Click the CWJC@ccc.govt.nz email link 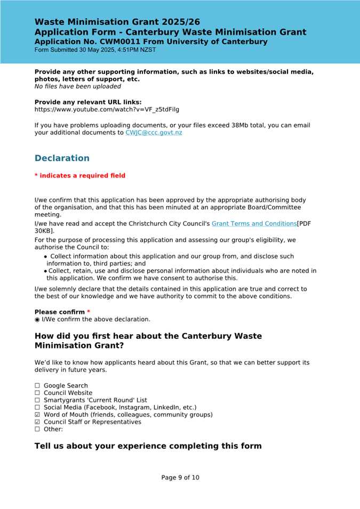(154, 133)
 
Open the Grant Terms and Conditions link (254, 224)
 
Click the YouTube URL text (107, 110)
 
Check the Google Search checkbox (37, 386)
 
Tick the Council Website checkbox (37, 393)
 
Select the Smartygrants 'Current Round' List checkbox (37, 400)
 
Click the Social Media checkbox (37, 407)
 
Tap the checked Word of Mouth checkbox (37, 415)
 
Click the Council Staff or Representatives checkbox (37, 422)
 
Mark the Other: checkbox (37, 429)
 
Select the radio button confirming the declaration (37, 320)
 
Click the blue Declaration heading (62, 158)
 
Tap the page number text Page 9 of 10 (180, 478)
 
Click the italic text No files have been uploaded (78, 86)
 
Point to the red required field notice (80, 176)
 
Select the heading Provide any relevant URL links (88, 102)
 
